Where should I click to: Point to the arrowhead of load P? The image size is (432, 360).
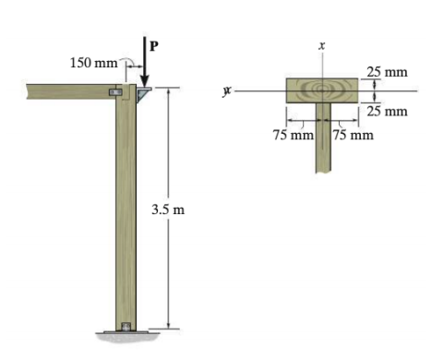coord(146,81)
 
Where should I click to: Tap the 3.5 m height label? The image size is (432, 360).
coord(168,210)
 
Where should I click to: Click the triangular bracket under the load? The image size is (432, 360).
coord(145,94)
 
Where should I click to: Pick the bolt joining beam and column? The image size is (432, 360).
coord(115,92)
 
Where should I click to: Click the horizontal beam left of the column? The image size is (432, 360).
coord(65,91)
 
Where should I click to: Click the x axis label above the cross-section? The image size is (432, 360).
coord(321,44)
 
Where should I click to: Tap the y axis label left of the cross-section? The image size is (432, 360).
coord(226,91)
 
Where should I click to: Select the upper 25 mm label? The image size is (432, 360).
coord(386,71)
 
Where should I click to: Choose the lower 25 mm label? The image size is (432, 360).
coord(386,112)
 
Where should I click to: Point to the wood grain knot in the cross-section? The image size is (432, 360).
coord(321,90)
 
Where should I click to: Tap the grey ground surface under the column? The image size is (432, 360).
coord(126,336)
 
